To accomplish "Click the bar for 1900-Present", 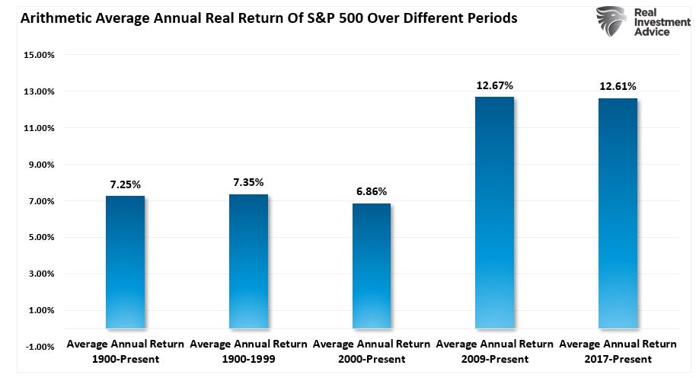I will click(x=125, y=262).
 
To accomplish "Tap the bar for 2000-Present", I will click(x=372, y=266).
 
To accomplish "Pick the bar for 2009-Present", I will click(x=494, y=213).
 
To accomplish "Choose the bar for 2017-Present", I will click(x=618, y=213).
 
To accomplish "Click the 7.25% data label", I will click(x=125, y=184).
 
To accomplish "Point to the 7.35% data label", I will click(x=248, y=182).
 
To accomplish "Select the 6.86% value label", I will click(x=372, y=191).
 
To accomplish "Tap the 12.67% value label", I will click(x=494, y=85).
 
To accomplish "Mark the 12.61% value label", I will click(x=618, y=86).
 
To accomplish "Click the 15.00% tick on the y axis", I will click(x=39, y=56).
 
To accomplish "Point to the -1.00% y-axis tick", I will click(x=39, y=347).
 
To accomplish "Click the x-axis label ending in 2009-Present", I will click(x=494, y=351).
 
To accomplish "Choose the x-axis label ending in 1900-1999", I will click(x=248, y=351).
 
